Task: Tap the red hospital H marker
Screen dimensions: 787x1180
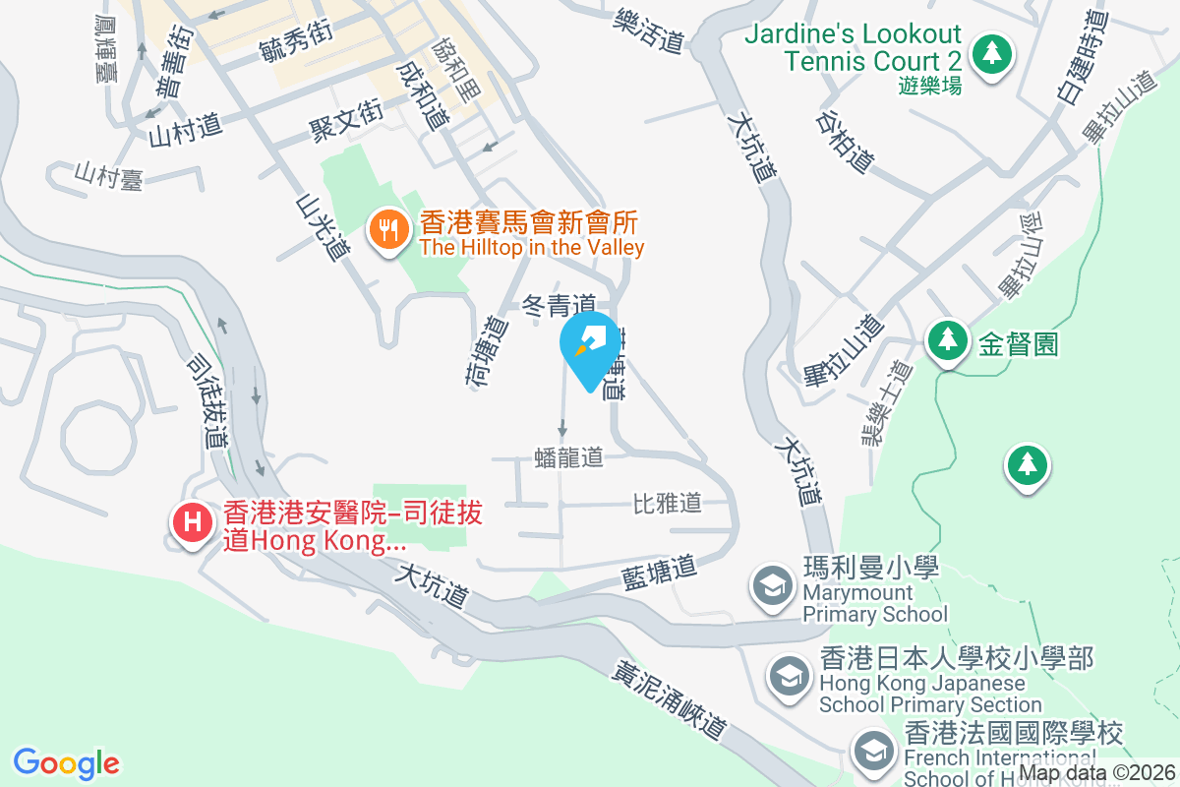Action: pyautogui.click(x=193, y=521)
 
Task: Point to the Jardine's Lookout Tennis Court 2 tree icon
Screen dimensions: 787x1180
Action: pyautogui.click(x=992, y=53)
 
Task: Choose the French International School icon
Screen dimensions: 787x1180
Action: pyautogui.click(x=872, y=752)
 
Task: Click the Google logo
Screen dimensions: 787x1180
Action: pyautogui.click(x=67, y=763)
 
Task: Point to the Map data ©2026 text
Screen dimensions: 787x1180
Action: pyautogui.click(x=1097, y=774)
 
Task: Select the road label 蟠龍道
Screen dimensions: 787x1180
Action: pyautogui.click(x=567, y=457)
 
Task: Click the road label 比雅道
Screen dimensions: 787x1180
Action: pyautogui.click(x=667, y=504)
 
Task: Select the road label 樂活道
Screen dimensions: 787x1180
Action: pyautogui.click(x=648, y=30)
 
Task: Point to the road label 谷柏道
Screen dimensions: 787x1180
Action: pyautogui.click(x=845, y=141)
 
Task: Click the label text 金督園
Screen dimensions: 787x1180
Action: pyautogui.click(x=1018, y=343)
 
